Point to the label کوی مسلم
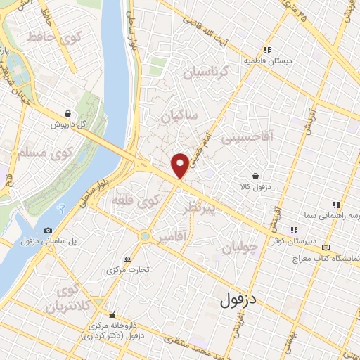(x=33, y=153)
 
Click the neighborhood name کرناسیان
(x=205, y=72)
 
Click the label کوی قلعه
(x=136, y=202)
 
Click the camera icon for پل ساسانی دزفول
(x=48, y=231)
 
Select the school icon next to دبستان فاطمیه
(x=267, y=50)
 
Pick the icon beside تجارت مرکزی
(x=127, y=258)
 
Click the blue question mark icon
(x=61, y=207)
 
